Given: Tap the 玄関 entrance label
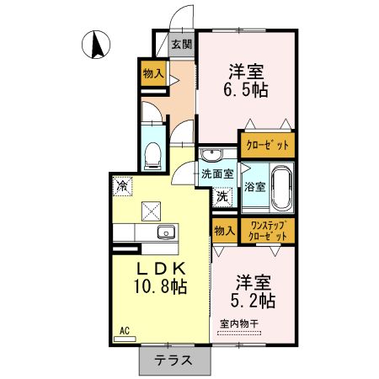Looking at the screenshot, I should [182, 45].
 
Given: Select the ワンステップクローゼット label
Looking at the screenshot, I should [267, 231].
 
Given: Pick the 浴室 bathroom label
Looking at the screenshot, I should [254, 187].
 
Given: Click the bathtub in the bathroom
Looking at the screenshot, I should [282, 186].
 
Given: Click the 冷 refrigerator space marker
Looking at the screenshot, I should [123, 185].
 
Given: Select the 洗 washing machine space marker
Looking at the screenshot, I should [222, 197].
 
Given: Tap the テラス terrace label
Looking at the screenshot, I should [171, 360].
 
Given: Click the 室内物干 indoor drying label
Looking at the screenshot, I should [238, 323].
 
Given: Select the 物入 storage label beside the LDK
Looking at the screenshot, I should [223, 231].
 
